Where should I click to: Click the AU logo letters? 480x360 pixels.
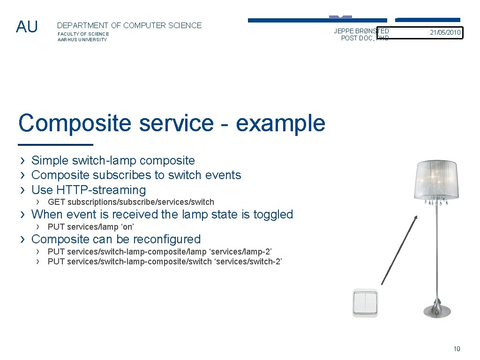coord(27,27)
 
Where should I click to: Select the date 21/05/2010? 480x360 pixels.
coord(445,33)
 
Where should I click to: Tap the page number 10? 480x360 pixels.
coord(457,349)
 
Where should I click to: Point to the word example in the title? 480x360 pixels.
coord(280,123)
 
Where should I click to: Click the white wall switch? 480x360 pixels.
coord(365,303)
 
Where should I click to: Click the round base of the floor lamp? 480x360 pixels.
coord(437,310)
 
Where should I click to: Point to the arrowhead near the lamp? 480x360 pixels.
coord(416,217)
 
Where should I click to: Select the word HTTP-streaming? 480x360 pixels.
coord(101,190)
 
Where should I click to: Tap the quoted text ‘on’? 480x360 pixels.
coord(127,227)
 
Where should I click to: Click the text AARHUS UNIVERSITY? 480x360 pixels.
coord(82,40)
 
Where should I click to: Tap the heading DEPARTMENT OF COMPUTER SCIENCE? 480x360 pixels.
coord(129,26)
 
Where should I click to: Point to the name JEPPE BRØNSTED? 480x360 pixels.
coord(361,31)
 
